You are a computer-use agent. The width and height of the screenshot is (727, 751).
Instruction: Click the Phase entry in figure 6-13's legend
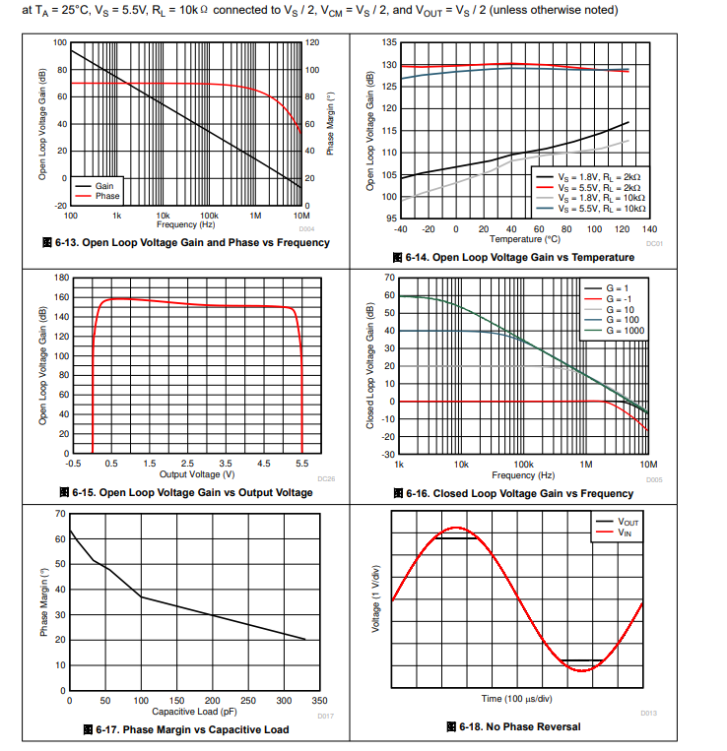pyautogui.click(x=107, y=196)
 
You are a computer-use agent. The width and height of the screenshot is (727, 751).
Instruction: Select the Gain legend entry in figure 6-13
pyautogui.click(x=105, y=186)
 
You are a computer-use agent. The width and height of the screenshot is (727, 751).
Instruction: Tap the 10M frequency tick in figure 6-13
pyautogui.click(x=301, y=215)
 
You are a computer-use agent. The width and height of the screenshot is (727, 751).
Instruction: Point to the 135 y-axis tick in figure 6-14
pyautogui.click(x=388, y=43)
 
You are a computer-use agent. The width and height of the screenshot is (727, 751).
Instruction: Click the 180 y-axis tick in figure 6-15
pyautogui.click(x=61, y=279)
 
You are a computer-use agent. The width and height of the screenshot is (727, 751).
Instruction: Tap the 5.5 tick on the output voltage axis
pyautogui.click(x=302, y=463)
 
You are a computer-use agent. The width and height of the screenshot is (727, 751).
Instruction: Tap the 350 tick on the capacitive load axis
pyautogui.click(x=320, y=701)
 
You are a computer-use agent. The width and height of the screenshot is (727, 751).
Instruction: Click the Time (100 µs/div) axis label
pyautogui.click(x=517, y=698)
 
